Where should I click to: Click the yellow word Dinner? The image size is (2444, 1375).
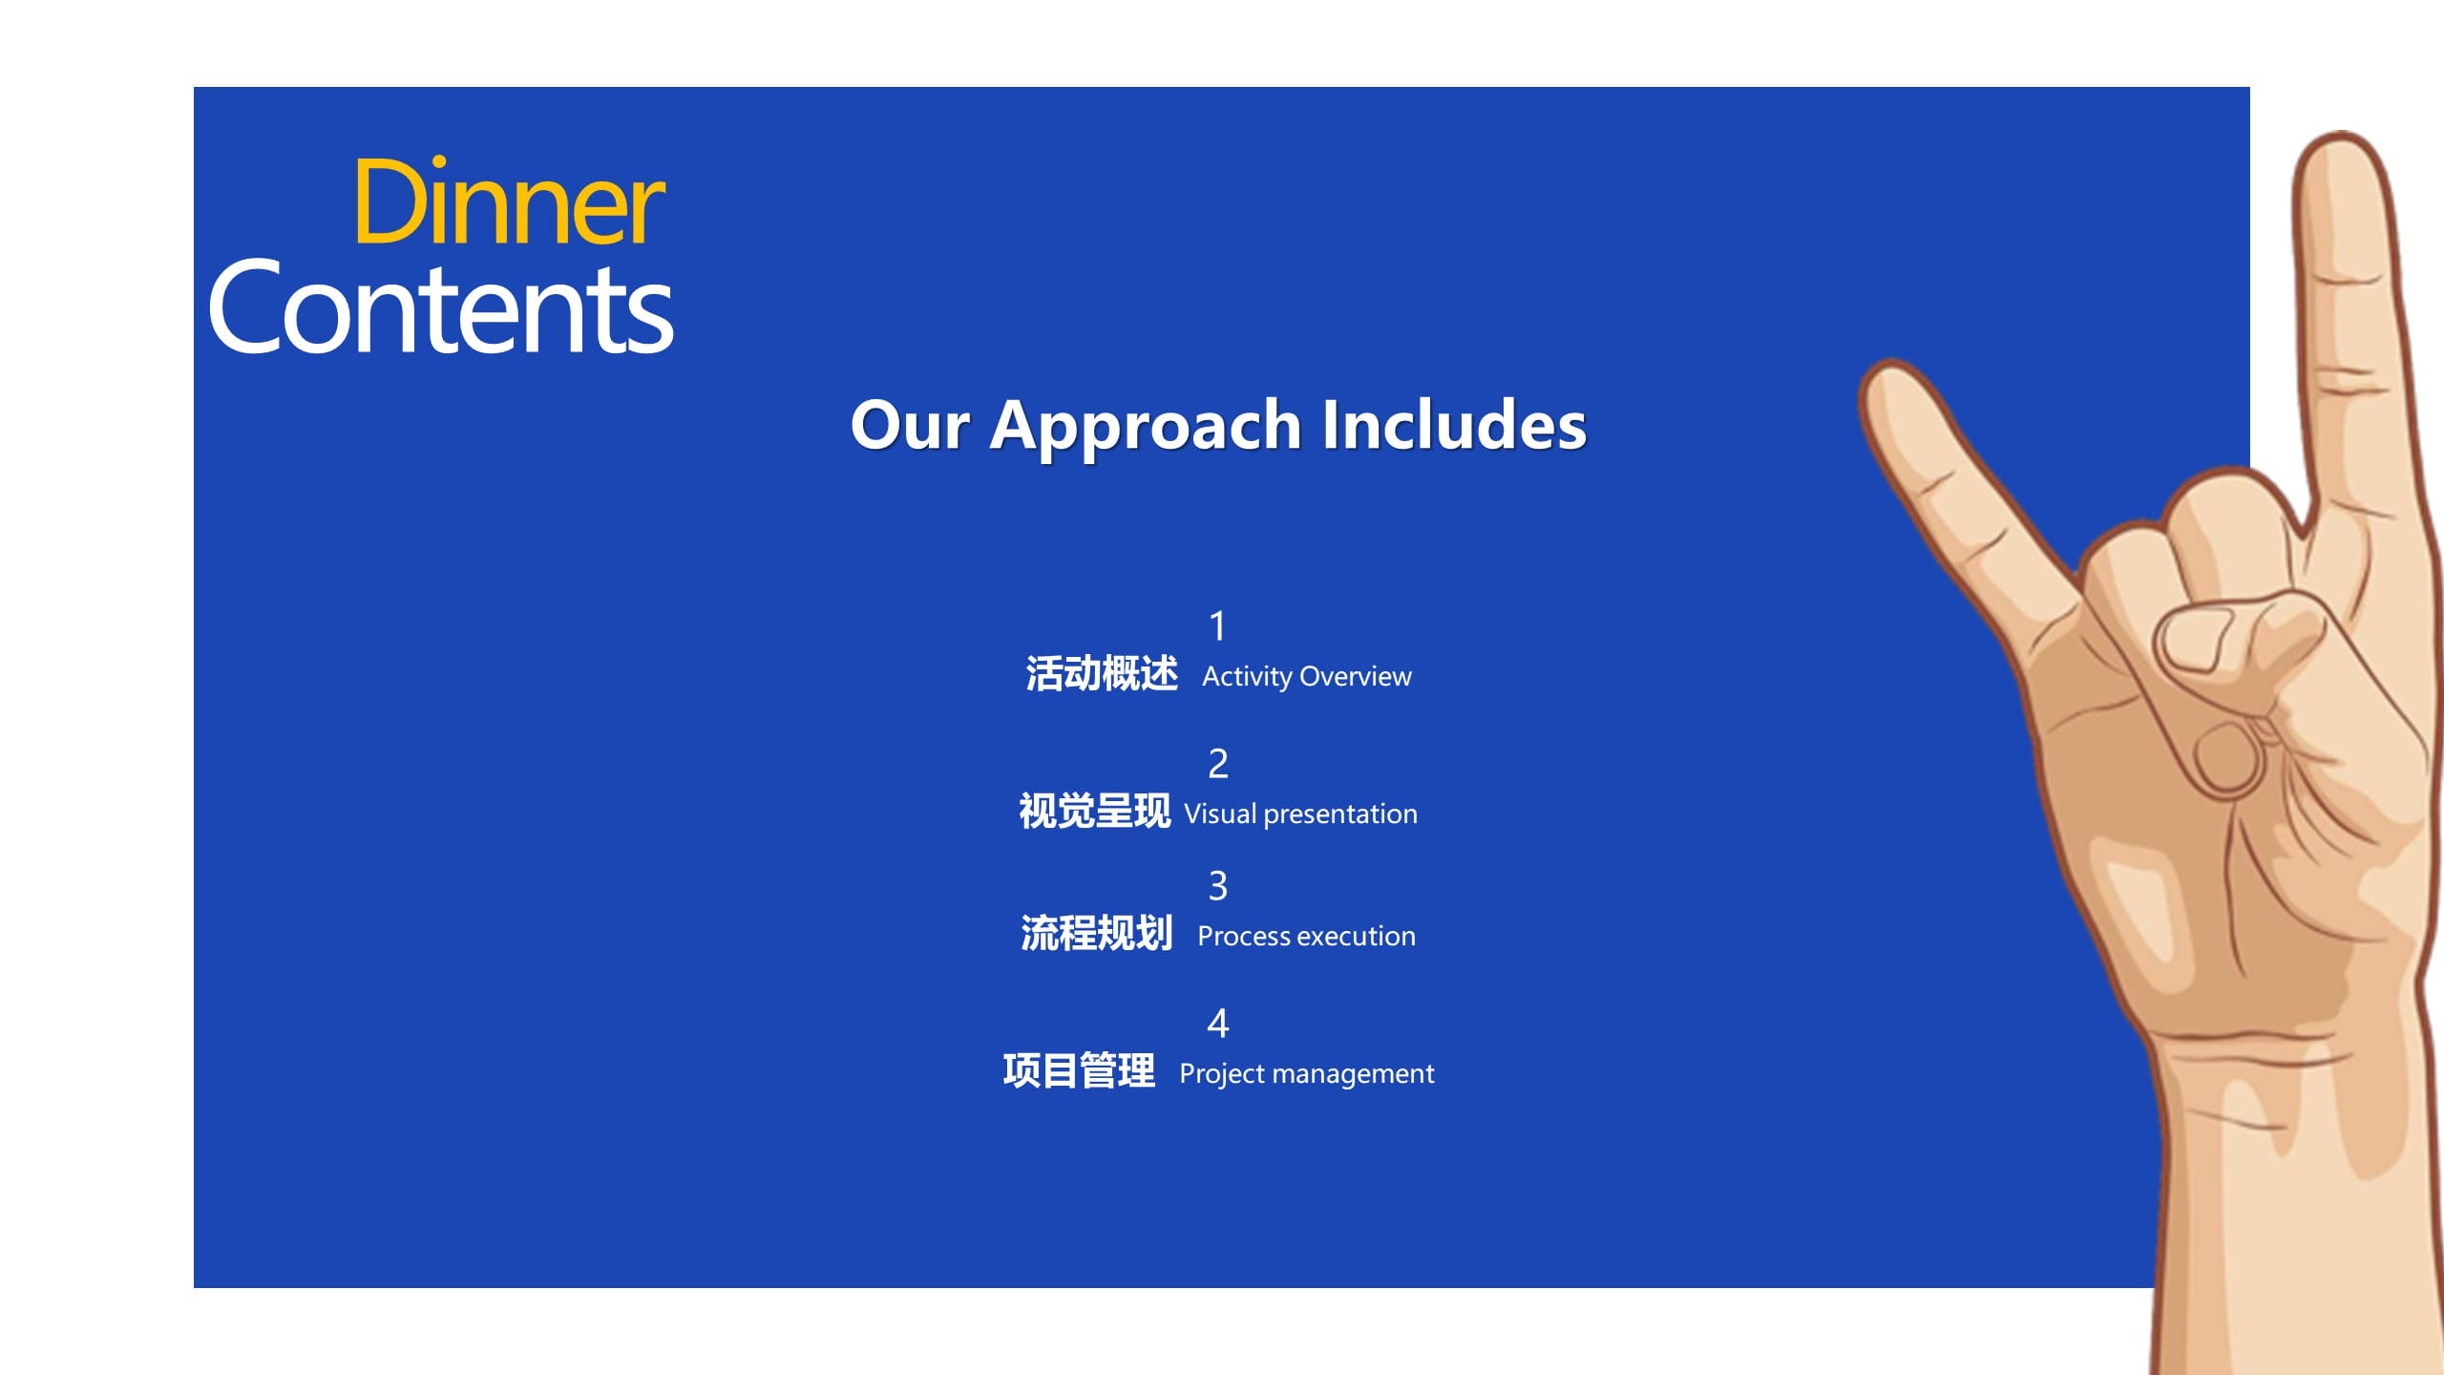tap(509, 201)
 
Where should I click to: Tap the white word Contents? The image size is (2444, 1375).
tap(441, 307)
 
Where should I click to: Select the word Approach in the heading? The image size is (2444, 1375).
tap(1146, 427)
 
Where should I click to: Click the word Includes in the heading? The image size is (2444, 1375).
tap(1455, 424)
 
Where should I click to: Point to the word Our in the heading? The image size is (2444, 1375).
tap(910, 425)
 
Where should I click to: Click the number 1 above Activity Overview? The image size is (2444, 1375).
tap(1217, 626)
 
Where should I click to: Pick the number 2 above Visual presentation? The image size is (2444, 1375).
tap(1218, 764)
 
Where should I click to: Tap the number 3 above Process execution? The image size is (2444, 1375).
tap(1218, 886)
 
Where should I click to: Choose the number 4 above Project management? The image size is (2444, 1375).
tap(1218, 1024)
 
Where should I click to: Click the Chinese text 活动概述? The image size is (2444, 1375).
tap(1102, 674)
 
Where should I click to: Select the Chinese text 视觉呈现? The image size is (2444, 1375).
tap(1094, 812)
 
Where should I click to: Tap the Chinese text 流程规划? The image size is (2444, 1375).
tap(1097, 934)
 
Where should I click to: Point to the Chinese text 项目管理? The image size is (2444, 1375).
tap(1079, 1071)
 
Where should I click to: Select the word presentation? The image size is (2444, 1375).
tap(1340, 814)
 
